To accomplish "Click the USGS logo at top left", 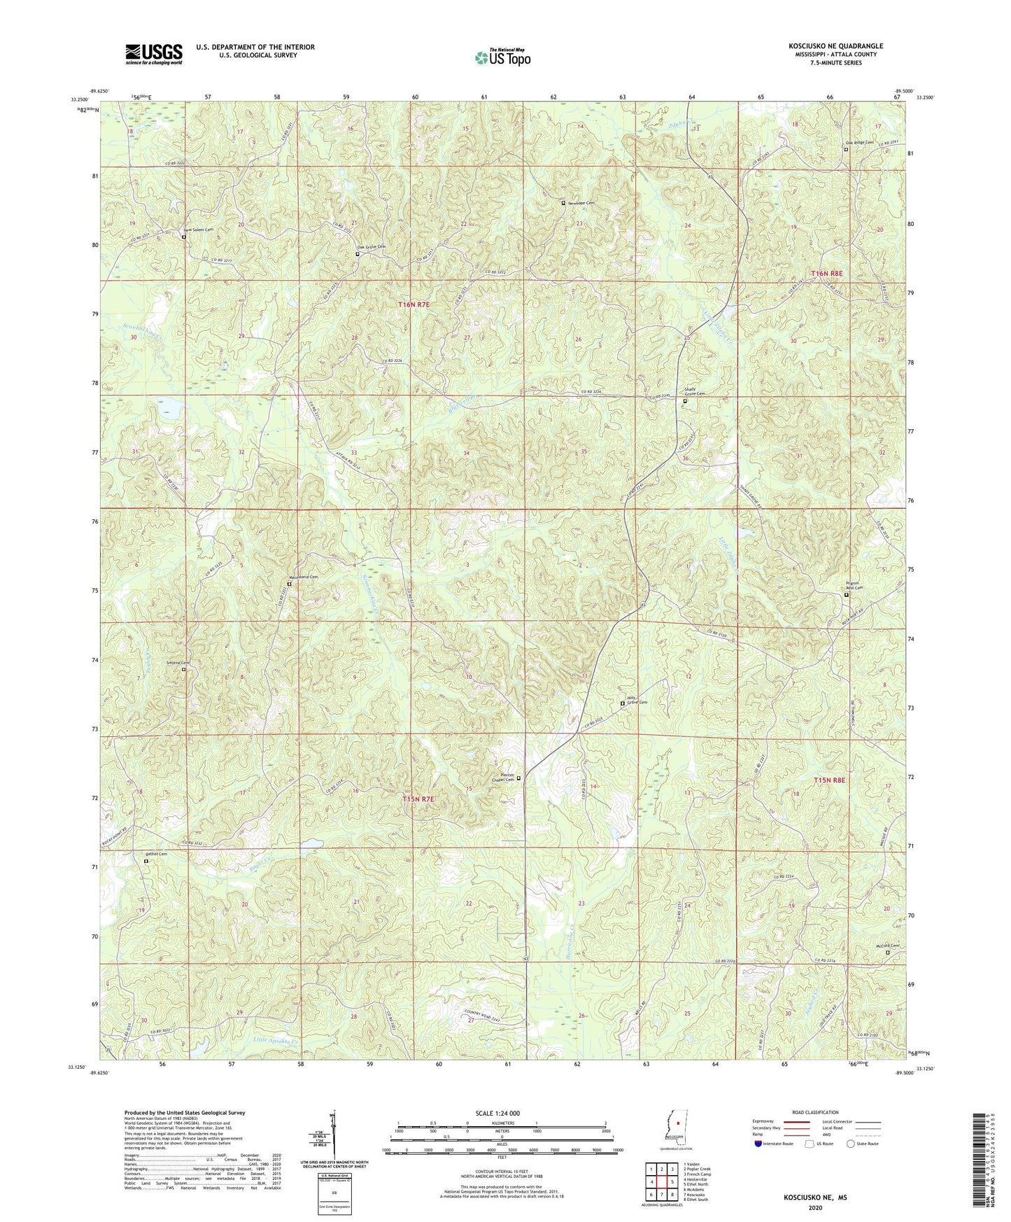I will point(153,54).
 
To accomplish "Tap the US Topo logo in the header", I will point(502,57).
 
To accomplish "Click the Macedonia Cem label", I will point(304,577).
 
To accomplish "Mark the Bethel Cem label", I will point(157,854).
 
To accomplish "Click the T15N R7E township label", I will point(419,799).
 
